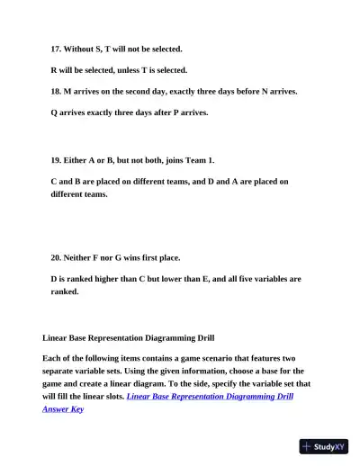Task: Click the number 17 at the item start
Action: (x=56, y=49)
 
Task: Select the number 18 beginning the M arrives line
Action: (x=56, y=92)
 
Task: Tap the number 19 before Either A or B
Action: (x=56, y=160)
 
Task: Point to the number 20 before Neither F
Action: (x=56, y=257)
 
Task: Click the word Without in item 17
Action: (x=81, y=49)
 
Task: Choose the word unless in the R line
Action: (x=132, y=70)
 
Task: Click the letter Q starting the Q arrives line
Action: (x=55, y=113)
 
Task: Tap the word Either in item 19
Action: (x=77, y=160)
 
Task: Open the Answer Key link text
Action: (x=63, y=408)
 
